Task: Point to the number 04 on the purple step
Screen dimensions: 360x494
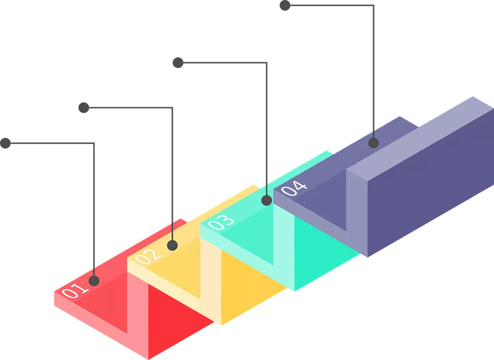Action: [294, 188]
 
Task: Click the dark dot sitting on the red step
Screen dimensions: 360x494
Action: [94, 281]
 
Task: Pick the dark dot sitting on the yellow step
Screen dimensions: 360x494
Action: [173, 245]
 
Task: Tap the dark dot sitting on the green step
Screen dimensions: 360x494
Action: [266, 201]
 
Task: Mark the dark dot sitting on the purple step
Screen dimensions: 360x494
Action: [374, 143]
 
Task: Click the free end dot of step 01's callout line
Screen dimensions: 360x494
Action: [6, 143]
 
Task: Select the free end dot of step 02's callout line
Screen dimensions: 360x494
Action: [83, 107]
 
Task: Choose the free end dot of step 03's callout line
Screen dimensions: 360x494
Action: [178, 63]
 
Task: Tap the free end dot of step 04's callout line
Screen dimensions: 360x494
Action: [285, 6]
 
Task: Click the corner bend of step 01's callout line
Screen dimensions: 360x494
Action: [94, 144]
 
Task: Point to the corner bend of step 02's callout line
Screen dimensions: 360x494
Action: [173, 107]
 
